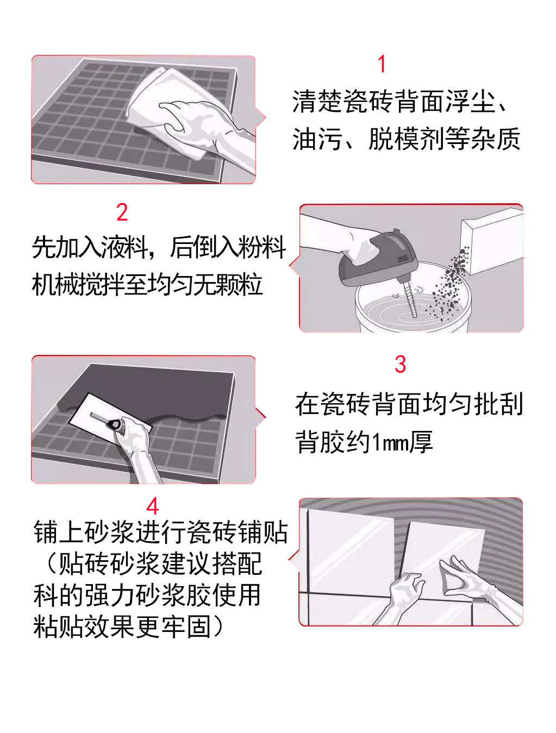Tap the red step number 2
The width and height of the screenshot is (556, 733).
coord(122,212)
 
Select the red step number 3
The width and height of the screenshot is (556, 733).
coord(400,364)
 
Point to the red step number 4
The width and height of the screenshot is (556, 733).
coord(153,506)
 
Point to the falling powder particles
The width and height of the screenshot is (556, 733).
coord(447,284)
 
